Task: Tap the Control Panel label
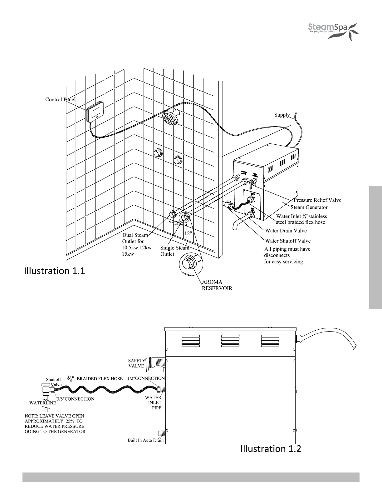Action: (60, 99)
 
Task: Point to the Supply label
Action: (282, 115)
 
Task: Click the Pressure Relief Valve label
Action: (317, 200)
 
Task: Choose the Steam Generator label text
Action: (309, 207)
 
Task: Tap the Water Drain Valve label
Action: (286, 231)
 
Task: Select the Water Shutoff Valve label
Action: (287, 241)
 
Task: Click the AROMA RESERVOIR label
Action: (217, 285)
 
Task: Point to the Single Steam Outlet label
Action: (174, 251)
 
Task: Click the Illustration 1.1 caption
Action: (54, 271)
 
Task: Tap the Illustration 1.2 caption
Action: (271, 449)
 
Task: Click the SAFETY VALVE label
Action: (136, 363)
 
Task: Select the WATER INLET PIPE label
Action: (153, 403)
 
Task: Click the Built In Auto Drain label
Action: (145, 440)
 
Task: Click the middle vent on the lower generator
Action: (230, 341)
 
